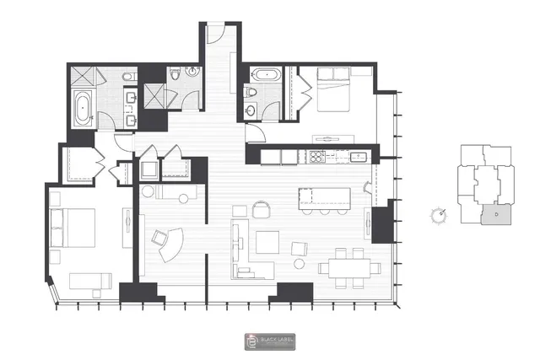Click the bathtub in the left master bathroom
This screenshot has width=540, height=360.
coord(84,109)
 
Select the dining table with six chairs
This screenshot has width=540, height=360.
coord(348,266)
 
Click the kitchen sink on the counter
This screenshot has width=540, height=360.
coord(357,155)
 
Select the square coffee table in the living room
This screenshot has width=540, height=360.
coord(268,243)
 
